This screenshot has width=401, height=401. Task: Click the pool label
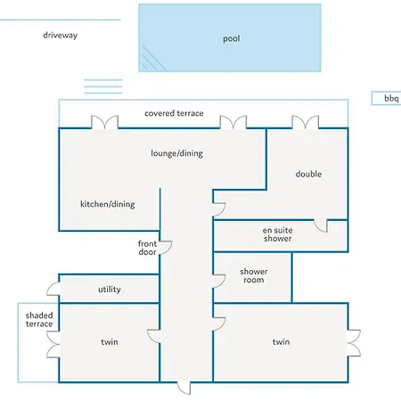(232, 38)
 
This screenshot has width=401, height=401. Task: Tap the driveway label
(61, 35)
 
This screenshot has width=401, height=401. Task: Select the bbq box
(386, 98)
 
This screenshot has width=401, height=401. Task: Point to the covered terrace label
(174, 113)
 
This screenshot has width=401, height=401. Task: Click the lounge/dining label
(177, 153)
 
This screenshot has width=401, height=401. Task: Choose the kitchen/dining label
(108, 204)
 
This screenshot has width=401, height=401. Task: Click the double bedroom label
(308, 174)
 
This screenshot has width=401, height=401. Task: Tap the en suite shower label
(278, 234)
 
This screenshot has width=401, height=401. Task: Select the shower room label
(254, 275)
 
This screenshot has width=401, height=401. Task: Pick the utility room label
(110, 290)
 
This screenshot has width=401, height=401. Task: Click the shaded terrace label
(39, 320)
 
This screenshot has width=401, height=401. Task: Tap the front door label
(147, 248)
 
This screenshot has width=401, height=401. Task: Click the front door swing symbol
(166, 248)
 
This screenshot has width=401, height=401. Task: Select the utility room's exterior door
(53, 289)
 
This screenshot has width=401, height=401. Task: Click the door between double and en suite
(321, 225)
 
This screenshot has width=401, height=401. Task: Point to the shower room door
(219, 282)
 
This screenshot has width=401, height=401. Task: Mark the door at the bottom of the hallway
(184, 388)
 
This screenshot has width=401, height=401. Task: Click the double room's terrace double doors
(306, 122)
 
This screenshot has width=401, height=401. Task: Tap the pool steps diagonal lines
(152, 59)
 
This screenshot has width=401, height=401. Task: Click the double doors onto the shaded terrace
(53, 345)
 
